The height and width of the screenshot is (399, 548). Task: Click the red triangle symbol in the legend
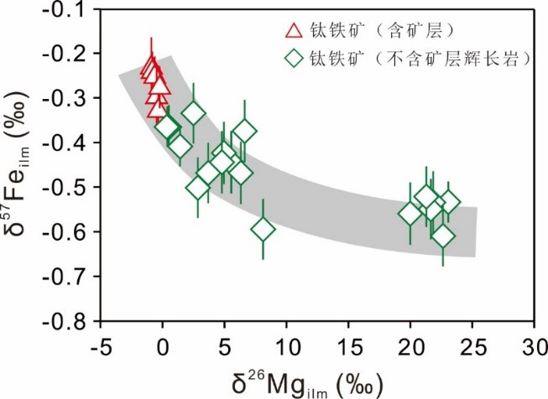point(294,32)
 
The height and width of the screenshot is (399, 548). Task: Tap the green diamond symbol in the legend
point(294,59)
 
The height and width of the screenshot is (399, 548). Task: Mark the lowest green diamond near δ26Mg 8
point(263,229)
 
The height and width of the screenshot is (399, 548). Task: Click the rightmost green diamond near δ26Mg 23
point(450,203)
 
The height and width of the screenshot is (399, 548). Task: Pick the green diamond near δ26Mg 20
point(410,214)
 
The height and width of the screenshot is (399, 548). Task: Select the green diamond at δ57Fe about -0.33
point(194,112)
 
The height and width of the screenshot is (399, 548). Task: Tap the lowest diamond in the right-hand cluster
point(443,236)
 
